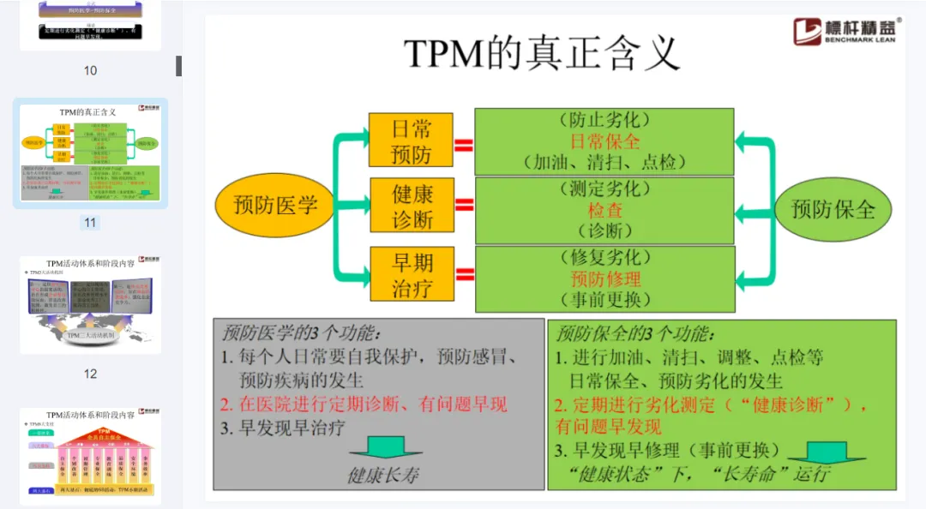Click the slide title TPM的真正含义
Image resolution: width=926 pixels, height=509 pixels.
[x=542, y=53]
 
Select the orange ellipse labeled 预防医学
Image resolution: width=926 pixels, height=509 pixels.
[x=275, y=206]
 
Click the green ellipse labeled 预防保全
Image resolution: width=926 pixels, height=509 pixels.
[x=833, y=208]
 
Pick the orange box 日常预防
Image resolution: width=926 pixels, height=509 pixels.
[x=412, y=141]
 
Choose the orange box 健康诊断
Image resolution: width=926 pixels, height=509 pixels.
[x=412, y=207]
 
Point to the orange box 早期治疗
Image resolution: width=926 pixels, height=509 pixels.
[x=412, y=273]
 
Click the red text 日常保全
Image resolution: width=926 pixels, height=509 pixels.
[x=604, y=141]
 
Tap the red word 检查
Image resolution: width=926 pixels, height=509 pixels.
[x=604, y=209]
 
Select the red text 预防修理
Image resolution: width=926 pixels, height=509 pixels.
[x=604, y=278]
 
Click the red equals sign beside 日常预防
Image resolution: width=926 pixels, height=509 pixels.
[x=464, y=144]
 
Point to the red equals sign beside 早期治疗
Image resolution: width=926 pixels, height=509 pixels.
[x=464, y=274]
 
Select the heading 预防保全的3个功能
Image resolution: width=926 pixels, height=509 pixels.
[x=634, y=332]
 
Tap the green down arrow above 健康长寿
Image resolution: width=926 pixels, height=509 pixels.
[x=386, y=447]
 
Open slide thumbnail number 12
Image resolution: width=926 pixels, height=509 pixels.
[x=90, y=304]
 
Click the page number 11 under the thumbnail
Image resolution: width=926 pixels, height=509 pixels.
[x=90, y=223]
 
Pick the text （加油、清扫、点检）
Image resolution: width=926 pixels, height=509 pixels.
[x=604, y=162]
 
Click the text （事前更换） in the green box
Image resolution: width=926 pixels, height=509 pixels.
[x=604, y=299]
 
